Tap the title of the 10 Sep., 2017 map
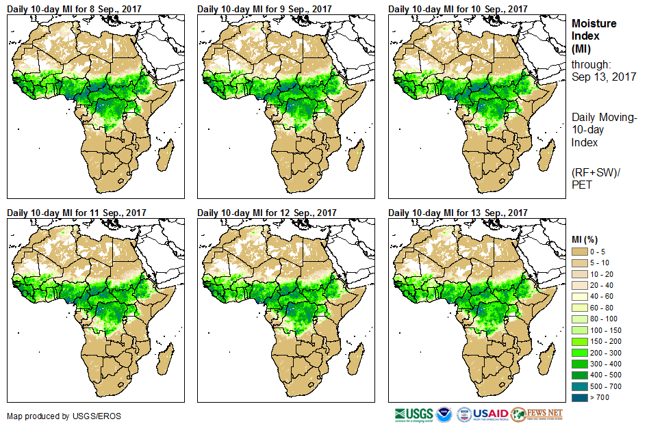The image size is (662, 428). (x=458, y=9)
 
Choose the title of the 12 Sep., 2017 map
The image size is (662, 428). (x=267, y=212)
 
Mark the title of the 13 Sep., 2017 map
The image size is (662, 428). (x=458, y=212)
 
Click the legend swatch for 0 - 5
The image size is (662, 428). (x=580, y=252)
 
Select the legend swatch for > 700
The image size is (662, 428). (x=580, y=397)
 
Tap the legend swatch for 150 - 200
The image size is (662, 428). (x=580, y=341)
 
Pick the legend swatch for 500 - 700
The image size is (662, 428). (x=580, y=386)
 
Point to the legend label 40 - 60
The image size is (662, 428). (x=602, y=297)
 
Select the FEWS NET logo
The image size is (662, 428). (x=537, y=414)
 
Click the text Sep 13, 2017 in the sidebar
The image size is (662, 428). (x=604, y=77)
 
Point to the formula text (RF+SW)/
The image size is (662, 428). (x=596, y=172)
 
